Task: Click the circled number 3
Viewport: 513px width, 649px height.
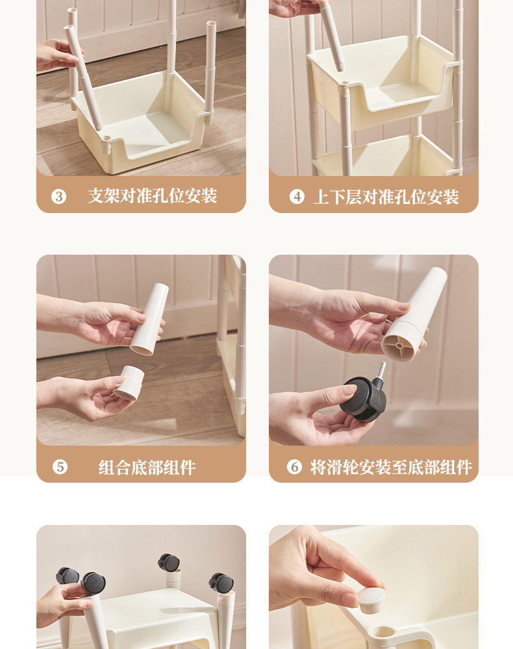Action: [x=58, y=196]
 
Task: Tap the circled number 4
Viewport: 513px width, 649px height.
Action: [x=297, y=197]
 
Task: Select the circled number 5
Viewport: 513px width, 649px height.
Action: [x=60, y=467]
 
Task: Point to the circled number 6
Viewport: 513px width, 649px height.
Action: [x=294, y=467]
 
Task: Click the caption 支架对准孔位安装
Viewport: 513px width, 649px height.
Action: [x=152, y=196]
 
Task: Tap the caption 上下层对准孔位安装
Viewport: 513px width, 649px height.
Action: [x=386, y=197]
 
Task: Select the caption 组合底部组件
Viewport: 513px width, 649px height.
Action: [x=147, y=468]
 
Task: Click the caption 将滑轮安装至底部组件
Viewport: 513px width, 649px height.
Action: [x=391, y=467]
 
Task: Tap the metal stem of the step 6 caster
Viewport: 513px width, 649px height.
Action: [x=381, y=370]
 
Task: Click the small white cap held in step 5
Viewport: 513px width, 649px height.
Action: [x=129, y=383]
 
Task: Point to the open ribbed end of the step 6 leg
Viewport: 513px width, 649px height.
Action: [x=399, y=344]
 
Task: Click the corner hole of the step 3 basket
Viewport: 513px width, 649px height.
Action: [x=106, y=138]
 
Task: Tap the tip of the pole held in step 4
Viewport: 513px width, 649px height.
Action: [x=340, y=67]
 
